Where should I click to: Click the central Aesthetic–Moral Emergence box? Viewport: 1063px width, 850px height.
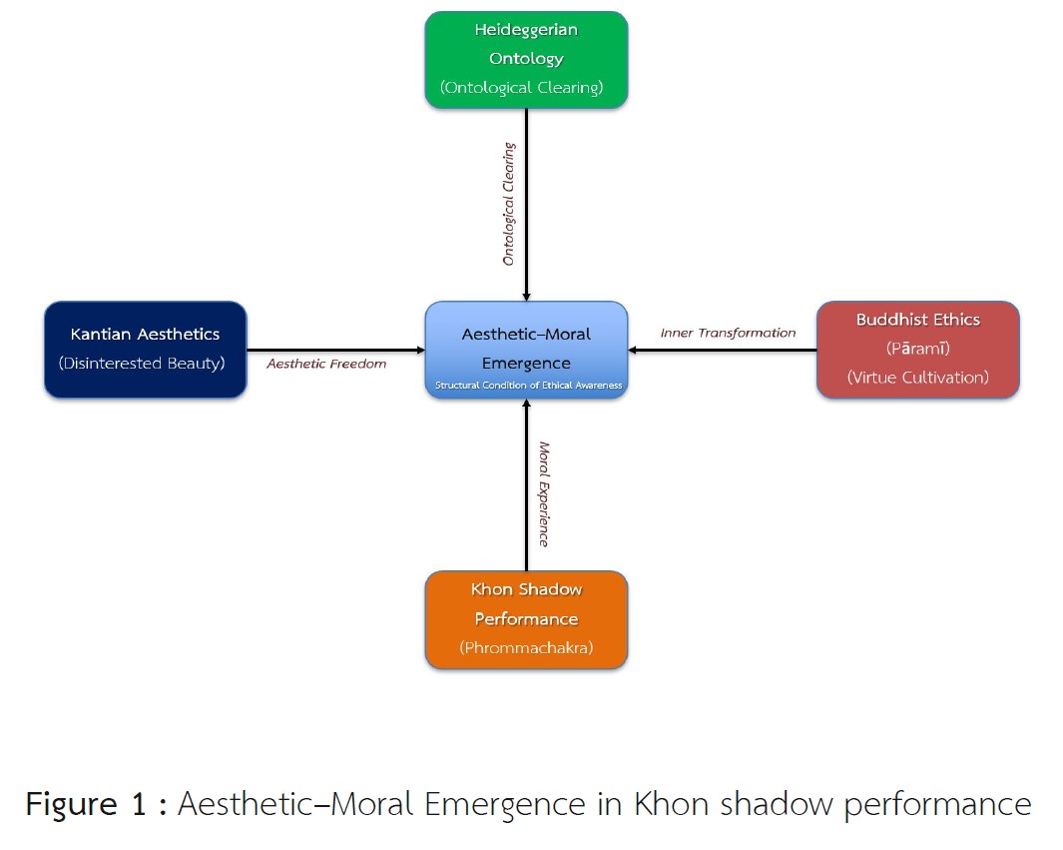(526, 350)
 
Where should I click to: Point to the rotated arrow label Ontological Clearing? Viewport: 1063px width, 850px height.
(509, 204)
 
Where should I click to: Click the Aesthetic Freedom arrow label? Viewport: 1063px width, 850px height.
(326, 365)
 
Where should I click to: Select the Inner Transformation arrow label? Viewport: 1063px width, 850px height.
(728, 333)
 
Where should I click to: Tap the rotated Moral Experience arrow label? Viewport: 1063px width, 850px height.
(544, 493)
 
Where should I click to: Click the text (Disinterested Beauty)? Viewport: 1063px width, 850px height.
(146, 364)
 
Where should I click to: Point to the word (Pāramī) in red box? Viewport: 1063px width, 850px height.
(917, 350)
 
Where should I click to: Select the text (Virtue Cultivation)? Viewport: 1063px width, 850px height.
(917, 378)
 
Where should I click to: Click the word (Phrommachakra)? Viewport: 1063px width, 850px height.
(526, 647)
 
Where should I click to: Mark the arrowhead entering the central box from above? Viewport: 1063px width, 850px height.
(526, 295)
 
